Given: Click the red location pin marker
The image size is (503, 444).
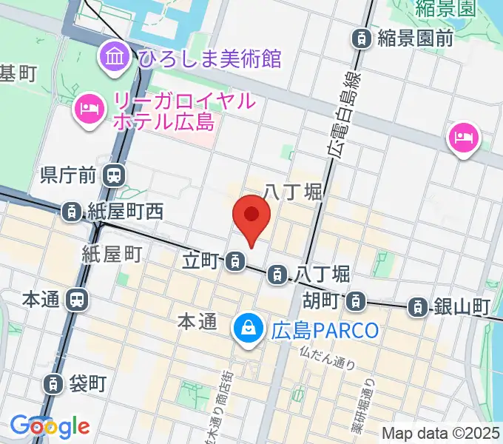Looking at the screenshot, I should tap(251, 216).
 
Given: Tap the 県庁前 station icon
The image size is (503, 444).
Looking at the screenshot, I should tap(114, 175).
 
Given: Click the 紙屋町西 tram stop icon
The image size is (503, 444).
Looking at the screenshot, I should tap(71, 212).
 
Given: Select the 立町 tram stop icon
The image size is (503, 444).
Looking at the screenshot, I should tap(235, 260).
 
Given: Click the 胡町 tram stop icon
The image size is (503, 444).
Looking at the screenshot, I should tap(357, 301).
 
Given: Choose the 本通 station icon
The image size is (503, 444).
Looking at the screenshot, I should tap(76, 300).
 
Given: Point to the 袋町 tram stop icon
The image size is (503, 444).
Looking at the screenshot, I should tap(53, 383).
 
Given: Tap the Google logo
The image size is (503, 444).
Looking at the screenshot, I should tap(50, 427).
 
